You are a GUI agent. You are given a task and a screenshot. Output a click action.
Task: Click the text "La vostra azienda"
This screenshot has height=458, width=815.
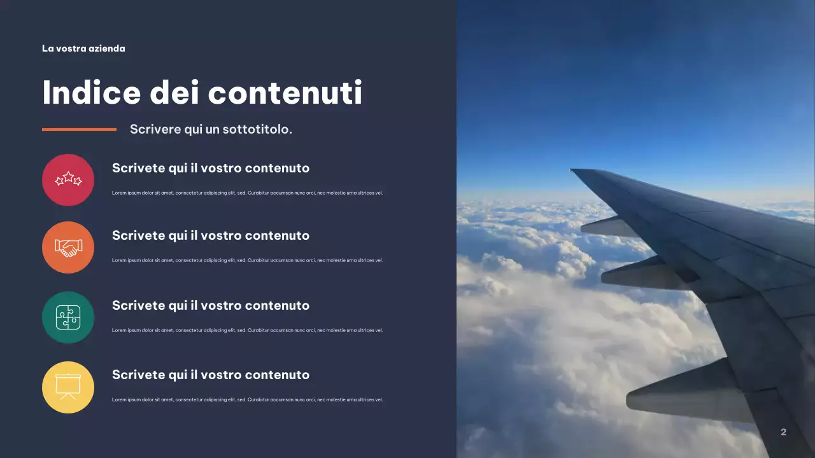(x=83, y=48)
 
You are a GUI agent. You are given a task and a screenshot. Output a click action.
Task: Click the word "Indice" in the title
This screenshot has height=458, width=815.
(x=91, y=93)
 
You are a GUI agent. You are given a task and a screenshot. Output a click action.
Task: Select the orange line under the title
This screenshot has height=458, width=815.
(x=79, y=129)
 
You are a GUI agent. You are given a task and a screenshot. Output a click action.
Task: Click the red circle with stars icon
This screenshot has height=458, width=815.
(x=68, y=180)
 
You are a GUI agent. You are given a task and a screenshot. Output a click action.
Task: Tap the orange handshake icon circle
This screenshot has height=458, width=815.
(x=68, y=247)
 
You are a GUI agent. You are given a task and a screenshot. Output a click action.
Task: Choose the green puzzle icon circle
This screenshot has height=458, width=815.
(x=68, y=317)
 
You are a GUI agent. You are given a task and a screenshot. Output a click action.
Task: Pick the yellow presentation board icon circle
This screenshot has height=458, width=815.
(x=68, y=387)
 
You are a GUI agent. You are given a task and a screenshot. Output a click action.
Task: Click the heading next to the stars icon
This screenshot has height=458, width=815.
(x=211, y=168)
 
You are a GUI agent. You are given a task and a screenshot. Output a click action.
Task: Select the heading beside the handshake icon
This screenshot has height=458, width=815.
(x=211, y=235)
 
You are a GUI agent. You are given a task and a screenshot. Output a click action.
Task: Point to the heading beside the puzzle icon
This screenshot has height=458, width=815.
(x=211, y=305)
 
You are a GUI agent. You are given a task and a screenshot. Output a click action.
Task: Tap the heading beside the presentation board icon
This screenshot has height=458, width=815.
(x=211, y=375)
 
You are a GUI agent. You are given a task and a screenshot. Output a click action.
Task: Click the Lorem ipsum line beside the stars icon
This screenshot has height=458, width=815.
(x=247, y=193)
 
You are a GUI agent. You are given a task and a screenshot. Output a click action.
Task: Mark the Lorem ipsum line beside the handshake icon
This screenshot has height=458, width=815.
(x=247, y=260)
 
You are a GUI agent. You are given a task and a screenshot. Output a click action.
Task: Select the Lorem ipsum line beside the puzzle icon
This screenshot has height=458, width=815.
(x=247, y=330)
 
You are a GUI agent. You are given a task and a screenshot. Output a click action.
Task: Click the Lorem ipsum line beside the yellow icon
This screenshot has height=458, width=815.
(x=247, y=399)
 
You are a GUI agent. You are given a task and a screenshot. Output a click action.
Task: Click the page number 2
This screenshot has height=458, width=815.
(x=783, y=432)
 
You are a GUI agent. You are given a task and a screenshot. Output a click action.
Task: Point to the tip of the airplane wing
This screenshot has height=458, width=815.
(x=574, y=170)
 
